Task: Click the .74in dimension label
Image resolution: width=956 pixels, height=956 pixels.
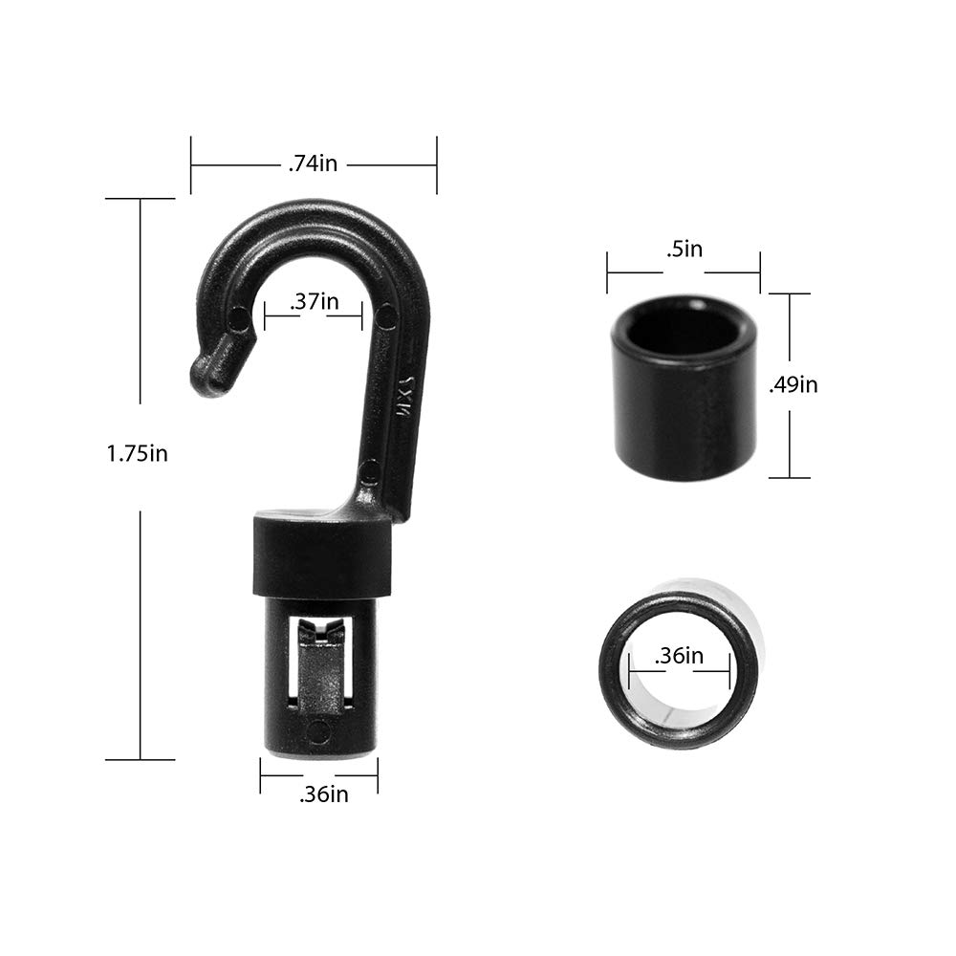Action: [x=313, y=163]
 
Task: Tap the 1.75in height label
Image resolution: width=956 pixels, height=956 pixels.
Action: [x=137, y=453]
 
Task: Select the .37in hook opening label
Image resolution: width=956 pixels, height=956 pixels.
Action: [x=314, y=301]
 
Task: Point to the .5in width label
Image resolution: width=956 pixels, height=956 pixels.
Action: [x=684, y=249]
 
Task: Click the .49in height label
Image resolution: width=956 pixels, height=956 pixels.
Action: [x=793, y=384]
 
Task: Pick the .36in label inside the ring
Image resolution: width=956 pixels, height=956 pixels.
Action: [x=679, y=656]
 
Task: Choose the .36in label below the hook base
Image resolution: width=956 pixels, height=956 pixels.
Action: [x=324, y=794]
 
